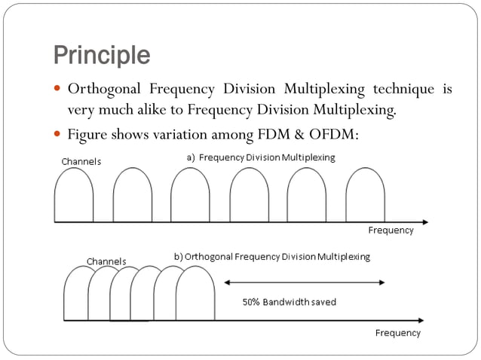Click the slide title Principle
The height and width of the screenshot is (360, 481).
pyautogui.click(x=101, y=54)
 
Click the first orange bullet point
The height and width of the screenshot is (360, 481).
pyautogui.click(x=57, y=90)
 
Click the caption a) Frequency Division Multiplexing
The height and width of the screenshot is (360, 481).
pyautogui.click(x=260, y=157)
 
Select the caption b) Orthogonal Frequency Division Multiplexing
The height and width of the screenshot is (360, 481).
pyautogui.click(x=272, y=256)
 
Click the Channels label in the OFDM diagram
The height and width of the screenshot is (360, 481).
pyautogui.click(x=106, y=261)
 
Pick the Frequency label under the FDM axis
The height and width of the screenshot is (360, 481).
pyautogui.click(x=391, y=230)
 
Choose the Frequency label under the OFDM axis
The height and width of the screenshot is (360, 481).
pyautogui.click(x=398, y=332)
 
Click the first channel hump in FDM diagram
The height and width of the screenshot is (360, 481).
pyautogui.click(x=74, y=196)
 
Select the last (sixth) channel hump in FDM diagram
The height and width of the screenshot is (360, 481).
pyautogui.click(x=365, y=196)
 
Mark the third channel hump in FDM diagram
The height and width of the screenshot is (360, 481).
pyautogui.click(x=190, y=196)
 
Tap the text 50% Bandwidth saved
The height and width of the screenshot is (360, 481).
pyautogui.click(x=289, y=302)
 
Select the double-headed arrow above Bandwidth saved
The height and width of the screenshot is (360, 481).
pyautogui.click(x=305, y=282)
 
